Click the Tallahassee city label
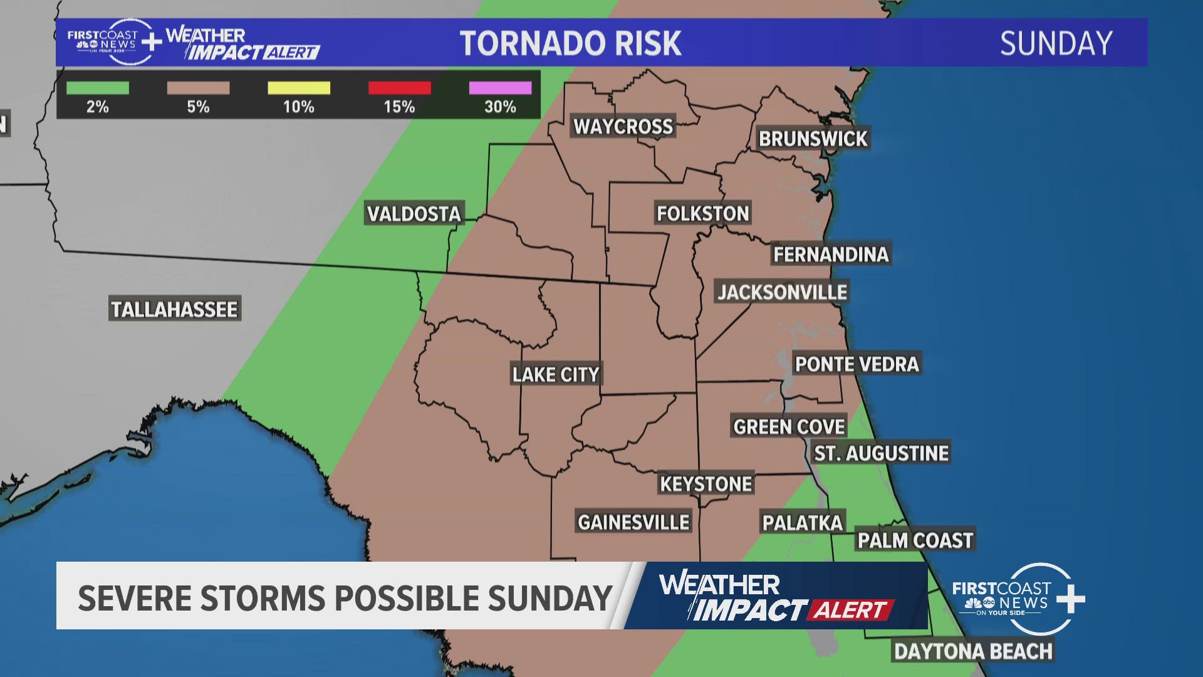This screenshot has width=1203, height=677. (174, 310)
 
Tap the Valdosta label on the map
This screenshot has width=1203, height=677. (414, 214)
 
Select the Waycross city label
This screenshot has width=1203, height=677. (623, 127)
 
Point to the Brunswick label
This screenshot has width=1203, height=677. (813, 139)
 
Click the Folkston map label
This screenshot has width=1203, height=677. (702, 214)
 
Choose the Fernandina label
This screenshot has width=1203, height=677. (831, 255)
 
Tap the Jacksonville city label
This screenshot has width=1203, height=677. (782, 292)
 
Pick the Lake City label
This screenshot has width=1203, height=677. (556, 375)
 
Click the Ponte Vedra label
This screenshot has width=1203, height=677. (857, 364)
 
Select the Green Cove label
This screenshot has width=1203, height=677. (789, 427)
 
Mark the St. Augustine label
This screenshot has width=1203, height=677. (881, 453)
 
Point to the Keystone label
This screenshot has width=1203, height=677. (706, 484)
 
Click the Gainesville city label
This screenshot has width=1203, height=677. (633, 522)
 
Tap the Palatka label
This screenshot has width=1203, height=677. (802, 522)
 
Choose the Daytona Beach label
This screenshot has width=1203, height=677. (973, 651)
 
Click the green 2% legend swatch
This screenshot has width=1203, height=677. (98, 88)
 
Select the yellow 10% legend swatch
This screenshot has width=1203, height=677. (299, 88)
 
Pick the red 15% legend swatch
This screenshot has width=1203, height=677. (400, 88)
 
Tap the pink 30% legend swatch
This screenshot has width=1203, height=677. (500, 88)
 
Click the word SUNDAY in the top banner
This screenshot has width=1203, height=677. (1056, 44)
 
